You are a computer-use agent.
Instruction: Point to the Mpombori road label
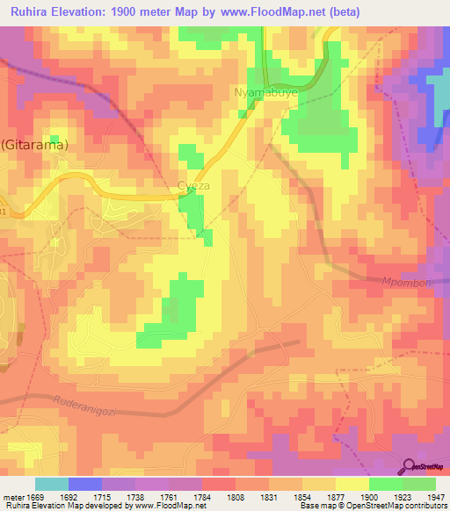click(425, 284)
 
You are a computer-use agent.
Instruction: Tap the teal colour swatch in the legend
click(52, 484)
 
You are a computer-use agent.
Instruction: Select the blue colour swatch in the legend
click(85, 484)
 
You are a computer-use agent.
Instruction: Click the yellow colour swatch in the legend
click(352, 484)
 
